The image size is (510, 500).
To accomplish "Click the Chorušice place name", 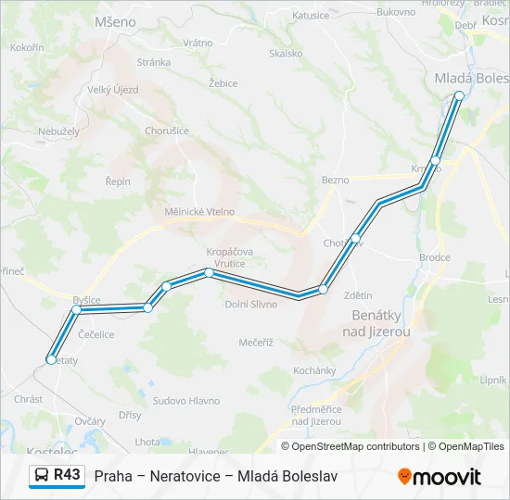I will tap(167, 131).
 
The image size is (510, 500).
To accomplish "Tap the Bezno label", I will tap(335, 180).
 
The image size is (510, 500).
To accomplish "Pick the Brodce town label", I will tap(434, 258).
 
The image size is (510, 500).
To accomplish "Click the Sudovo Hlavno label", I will tap(186, 401).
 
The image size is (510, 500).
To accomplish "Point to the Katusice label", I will tap(310, 15).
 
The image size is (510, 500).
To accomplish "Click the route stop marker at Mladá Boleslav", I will tap(459, 95).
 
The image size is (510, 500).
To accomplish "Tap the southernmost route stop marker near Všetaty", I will tap(51, 359).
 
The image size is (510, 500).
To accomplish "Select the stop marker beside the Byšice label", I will tap(77, 310).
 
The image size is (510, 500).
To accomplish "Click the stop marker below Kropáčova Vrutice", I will tap(210, 272).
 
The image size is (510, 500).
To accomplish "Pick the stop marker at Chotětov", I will tap(355, 239).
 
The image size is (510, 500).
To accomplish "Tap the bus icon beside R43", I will tap(43, 476).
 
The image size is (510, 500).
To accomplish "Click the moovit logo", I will tap(440, 477).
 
